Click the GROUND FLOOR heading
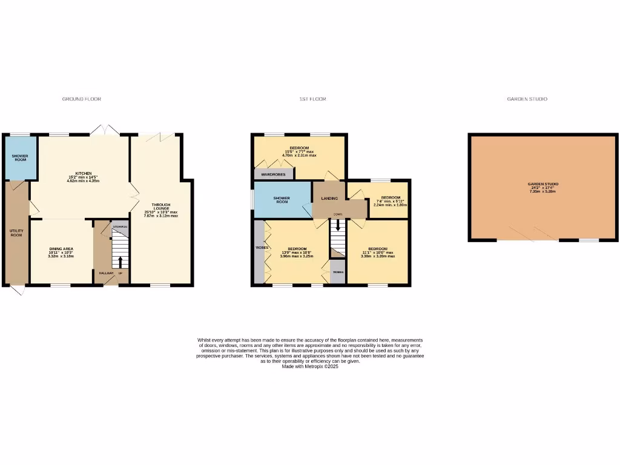coord(82,99)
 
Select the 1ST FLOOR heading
coord(312,99)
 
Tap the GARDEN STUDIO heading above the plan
coord(527,99)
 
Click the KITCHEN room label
coord(83,173)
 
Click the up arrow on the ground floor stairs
coord(120,262)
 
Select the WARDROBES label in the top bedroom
coord(272,174)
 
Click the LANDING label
coord(329,199)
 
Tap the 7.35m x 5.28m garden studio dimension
coord(542,191)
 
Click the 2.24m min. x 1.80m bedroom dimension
coord(391,205)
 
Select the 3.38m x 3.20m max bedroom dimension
coord(377,256)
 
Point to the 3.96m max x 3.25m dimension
coord(297,256)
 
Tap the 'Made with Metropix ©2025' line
coord(310,366)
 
